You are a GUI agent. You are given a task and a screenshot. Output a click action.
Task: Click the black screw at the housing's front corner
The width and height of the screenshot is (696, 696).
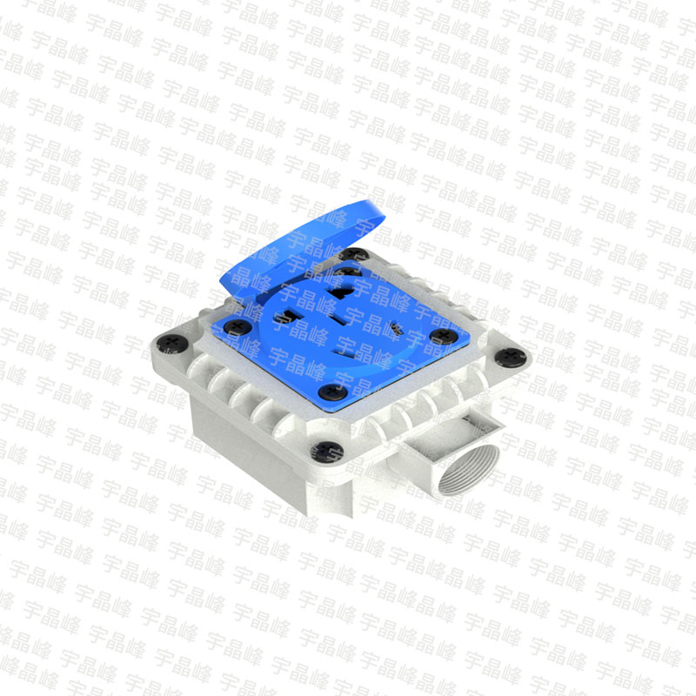point(327,452)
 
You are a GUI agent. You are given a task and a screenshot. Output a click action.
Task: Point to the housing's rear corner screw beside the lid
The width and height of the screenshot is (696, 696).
point(354,254)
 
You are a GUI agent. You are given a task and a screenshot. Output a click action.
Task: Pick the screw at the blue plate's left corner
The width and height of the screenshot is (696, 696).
point(238,327)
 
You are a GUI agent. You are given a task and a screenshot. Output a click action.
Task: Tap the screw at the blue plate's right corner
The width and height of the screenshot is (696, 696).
point(444,336)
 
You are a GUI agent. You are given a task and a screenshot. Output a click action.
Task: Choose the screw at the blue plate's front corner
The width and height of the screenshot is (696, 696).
point(332,391)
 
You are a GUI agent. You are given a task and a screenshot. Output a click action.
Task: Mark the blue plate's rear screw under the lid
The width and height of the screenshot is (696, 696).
point(347,271)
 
